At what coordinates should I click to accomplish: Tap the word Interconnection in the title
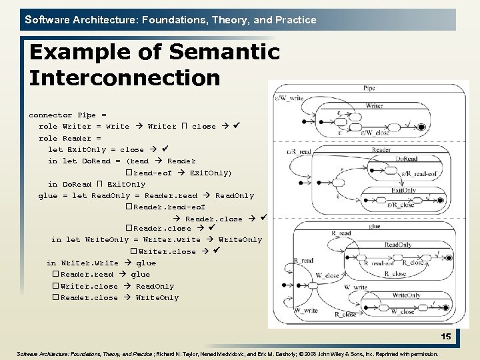click(x=125, y=78)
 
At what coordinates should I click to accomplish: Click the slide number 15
click(x=445, y=337)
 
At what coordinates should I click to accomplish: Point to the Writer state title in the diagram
click(x=374, y=105)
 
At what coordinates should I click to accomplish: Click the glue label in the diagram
click(x=375, y=227)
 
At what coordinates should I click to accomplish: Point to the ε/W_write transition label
click(x=291, y=99)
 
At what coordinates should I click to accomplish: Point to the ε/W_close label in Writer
click(x=375, y=132)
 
